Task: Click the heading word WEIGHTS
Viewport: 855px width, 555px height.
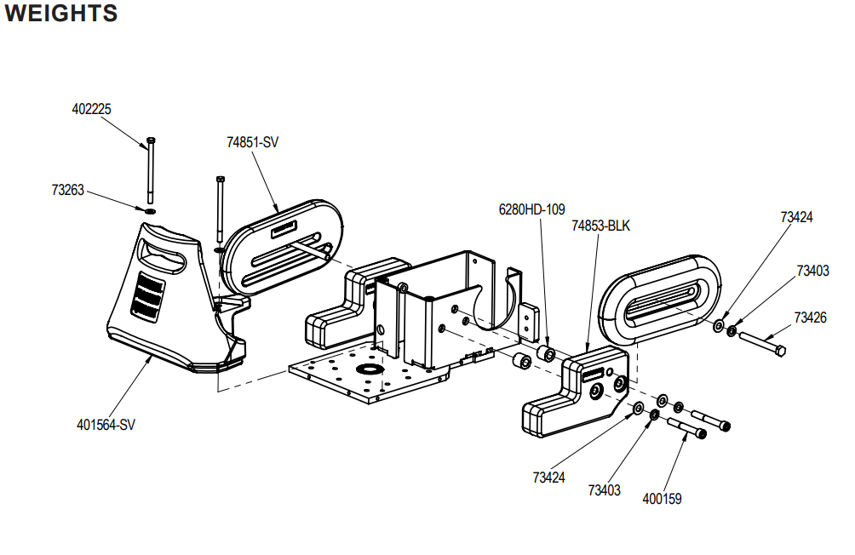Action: [x=61, y=13]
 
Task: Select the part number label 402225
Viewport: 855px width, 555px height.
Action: [x=91, y=109]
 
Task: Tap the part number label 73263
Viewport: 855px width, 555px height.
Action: [x=67, y=190]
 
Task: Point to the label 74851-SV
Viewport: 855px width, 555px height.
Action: [x=252, y=142]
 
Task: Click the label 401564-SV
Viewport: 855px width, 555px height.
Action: [x=106, y=425]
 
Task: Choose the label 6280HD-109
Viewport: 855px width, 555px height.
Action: [x=531, y=209]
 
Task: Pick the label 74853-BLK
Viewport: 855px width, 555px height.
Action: [x=600, y=226]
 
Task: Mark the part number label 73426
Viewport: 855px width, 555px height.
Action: [x=810, y=318]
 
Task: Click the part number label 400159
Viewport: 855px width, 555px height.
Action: [x=662, y=499]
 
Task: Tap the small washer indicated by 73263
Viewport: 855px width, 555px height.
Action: [x=150, y=210]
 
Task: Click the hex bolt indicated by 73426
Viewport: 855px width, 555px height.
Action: [x=762, y=341]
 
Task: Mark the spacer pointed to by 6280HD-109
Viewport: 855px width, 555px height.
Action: [x=546, y=352]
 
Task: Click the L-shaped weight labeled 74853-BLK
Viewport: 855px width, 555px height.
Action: [x=576, y=389]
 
